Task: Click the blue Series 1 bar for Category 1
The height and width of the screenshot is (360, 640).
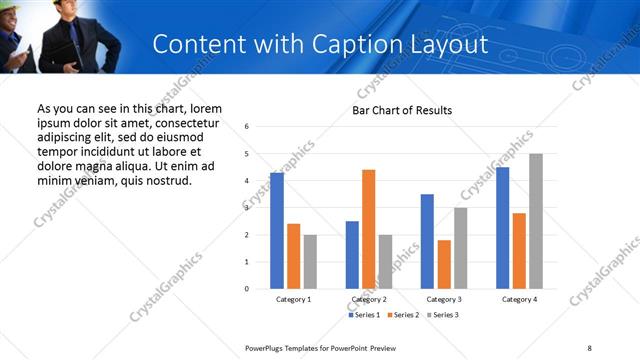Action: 277,231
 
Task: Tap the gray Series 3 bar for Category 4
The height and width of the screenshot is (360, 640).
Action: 536,221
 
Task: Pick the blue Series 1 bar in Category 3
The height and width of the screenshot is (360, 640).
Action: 427,241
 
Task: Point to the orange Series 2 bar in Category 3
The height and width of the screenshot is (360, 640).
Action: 444,264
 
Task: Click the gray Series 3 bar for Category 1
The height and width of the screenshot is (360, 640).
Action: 310,262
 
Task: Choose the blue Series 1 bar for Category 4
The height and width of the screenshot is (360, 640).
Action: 502,228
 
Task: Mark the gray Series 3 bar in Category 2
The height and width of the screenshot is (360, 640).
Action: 386,262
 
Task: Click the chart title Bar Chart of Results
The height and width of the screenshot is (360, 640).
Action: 402,110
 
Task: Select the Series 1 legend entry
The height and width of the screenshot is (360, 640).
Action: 365,315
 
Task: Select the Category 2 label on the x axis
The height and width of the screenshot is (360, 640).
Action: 369,300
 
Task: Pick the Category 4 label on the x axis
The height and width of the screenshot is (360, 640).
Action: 519,300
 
